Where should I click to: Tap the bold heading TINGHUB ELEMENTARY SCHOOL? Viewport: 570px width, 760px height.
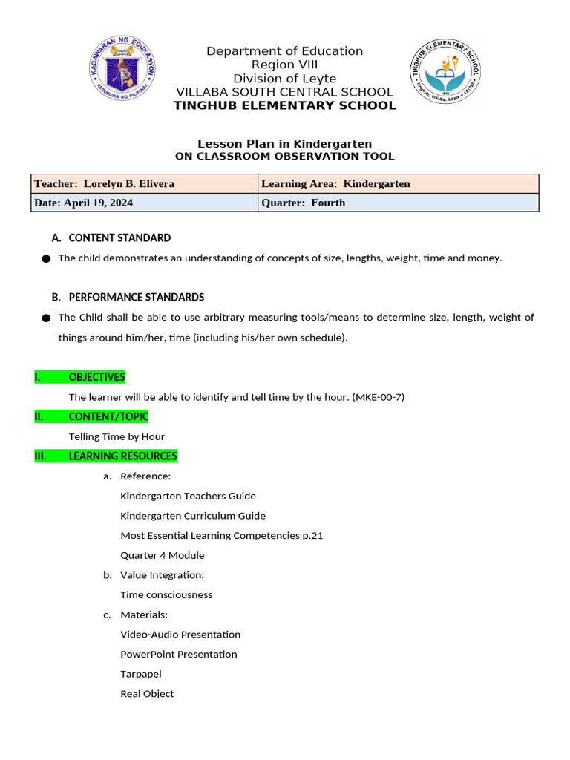click(x=284, y=105)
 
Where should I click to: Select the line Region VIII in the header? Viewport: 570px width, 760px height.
click(x=284, y=65)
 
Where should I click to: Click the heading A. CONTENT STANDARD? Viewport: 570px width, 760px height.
click(x=111, y=238)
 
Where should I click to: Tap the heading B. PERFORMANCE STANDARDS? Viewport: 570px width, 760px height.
click(x=128, y=297)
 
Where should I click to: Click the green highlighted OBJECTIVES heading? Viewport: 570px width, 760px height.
click(x=96, y=377)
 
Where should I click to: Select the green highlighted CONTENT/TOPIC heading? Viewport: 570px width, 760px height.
click(x=108, y=416)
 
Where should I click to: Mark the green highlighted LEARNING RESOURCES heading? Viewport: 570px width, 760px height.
click(x=122, y=456)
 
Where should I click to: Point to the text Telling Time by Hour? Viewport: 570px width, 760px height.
click(x=117, y=436)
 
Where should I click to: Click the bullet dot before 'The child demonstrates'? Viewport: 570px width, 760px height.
click(x=46, y=258)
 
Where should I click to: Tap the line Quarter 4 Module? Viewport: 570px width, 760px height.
click(x=163, y=555)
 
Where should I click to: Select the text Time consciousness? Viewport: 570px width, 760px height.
click(x=166, y=594)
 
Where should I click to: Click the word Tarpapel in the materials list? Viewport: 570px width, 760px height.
click(x=141, y=674)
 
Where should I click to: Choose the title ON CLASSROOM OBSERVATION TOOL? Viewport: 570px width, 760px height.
click(x=284, y=157)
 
